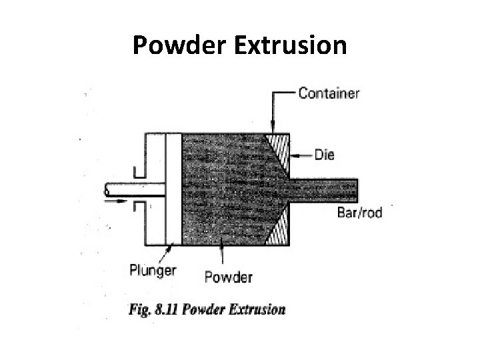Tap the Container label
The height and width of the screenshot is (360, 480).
328,94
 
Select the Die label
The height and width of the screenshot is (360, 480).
324,155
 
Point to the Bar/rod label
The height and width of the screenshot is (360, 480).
361,212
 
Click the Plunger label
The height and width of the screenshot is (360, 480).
153,269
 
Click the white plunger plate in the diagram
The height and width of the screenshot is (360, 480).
173,187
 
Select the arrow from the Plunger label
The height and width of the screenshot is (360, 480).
171,253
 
